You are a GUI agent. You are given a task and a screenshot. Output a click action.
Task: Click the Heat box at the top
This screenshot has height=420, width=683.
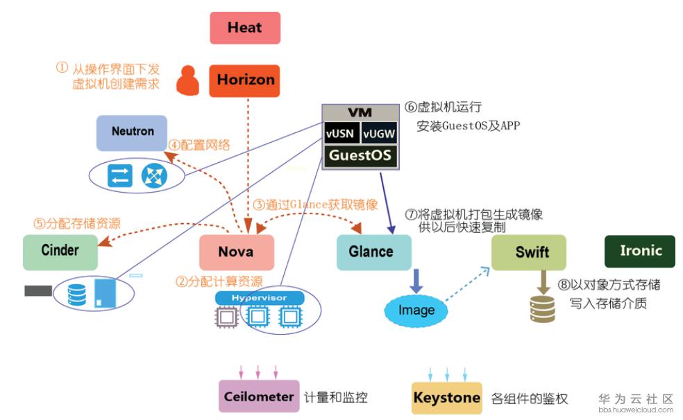245,28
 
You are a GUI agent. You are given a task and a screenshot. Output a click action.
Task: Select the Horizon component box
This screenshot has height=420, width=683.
245,80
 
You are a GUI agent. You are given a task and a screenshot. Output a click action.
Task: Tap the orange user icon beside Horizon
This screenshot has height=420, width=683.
187,80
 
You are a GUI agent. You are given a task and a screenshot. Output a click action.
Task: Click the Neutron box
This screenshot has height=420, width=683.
132,132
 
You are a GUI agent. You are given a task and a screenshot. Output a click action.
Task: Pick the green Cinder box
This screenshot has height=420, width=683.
60,252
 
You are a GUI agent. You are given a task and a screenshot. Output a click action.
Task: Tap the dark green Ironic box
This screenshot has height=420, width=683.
639,251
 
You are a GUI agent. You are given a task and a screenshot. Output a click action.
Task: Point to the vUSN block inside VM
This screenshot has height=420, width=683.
341,133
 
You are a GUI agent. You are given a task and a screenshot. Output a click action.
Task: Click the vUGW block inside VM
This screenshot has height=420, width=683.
379,133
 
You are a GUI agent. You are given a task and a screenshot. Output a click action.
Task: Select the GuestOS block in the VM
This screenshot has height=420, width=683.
360,155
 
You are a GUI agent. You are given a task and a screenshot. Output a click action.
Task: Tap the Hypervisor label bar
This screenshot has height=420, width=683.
260,297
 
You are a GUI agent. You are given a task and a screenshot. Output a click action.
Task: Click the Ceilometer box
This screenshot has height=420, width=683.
259,397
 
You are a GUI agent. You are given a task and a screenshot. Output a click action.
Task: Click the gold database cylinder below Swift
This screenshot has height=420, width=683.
542,308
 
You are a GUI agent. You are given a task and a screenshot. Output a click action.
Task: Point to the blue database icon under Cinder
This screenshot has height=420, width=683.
76,294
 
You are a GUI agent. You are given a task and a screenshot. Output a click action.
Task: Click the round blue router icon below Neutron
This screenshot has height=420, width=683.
151,176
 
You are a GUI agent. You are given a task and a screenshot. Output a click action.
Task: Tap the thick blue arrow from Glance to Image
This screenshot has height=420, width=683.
416,281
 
